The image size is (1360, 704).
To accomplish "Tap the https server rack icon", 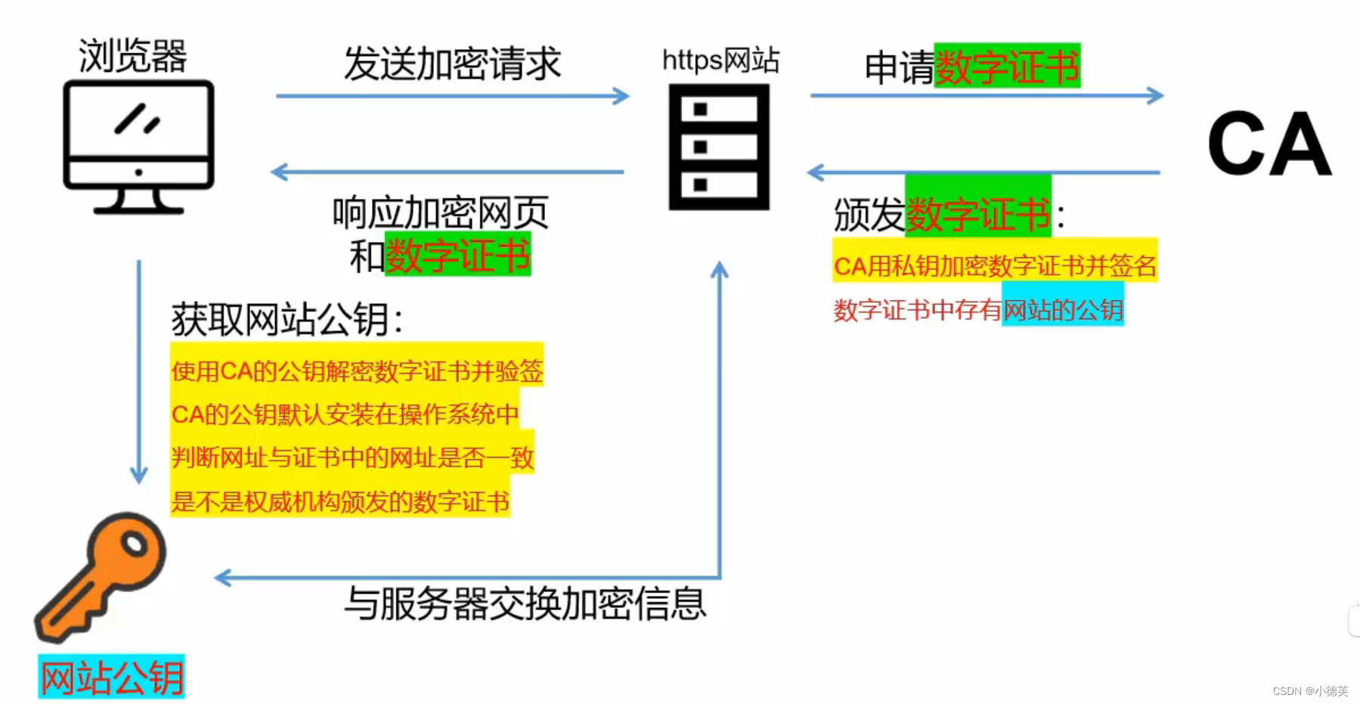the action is (719, 147).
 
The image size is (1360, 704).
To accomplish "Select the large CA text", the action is (1269, 144).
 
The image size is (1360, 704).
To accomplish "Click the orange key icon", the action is (101, 575).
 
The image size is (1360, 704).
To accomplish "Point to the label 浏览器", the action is (132, 56).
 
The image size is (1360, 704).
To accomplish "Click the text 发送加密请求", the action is (452, 64).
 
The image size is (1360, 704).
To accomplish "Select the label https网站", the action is (720, 60).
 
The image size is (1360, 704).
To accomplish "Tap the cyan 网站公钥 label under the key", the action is (112, 677).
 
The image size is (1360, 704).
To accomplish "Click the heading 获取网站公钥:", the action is (287, 319).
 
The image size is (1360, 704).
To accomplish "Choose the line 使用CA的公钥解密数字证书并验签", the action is (357, 371).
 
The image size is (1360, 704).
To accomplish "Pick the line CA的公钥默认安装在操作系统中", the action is (345, 414).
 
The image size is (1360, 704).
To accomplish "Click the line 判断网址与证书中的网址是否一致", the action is (352, 457).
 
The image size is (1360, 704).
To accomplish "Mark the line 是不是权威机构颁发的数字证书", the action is (340, 501).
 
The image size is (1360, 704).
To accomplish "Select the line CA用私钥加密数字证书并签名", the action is (995, 265).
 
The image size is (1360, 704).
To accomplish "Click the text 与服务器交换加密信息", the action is (525, 603).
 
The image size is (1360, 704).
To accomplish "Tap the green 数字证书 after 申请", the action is (1007, 67).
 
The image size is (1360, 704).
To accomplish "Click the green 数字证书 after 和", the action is (458, 256).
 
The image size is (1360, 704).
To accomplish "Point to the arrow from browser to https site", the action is (452, 96).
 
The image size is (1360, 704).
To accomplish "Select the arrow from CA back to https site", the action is (983, 172).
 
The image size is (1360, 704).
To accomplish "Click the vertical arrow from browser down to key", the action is (139, 371).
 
